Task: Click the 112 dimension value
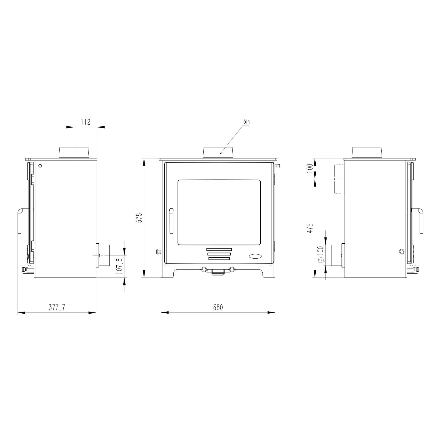(86, 122)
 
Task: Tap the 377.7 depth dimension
(57, 308)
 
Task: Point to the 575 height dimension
(139, 218)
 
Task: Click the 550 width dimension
(218, 308)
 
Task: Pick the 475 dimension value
(310, 228)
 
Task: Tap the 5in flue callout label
(246, 122)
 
